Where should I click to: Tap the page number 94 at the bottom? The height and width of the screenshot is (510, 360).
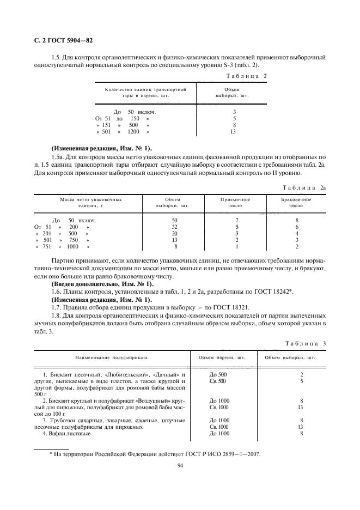(x=180, y=465)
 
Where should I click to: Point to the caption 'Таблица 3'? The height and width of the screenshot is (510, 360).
(x=305, y=343)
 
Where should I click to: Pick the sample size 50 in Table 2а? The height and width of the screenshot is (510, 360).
(x=174, y=220)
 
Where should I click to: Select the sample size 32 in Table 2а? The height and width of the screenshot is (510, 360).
(x=174, y=227)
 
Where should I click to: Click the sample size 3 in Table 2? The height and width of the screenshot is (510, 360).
(x=234, y=112)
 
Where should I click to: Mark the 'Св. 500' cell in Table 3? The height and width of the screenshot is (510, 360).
(x=218, y=381)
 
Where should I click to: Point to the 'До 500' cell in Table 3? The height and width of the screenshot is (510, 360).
(x=218, y=375)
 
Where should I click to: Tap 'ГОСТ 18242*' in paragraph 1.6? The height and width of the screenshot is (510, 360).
(x=274, y=293)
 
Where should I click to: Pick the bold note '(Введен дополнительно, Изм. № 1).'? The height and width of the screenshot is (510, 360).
(x=102, y=285)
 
